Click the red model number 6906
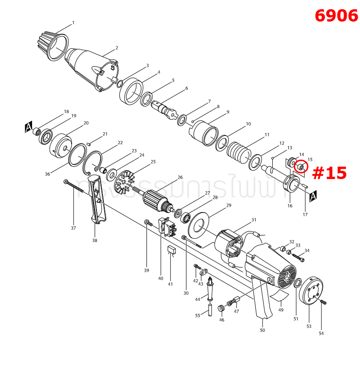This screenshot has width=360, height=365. (x=336, y=16)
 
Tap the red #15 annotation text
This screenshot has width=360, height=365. (x=329, y=173)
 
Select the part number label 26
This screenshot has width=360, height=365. (x=180, y=177)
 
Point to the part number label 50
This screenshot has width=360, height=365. (x=262, y=330)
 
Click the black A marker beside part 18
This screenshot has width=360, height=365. (x=28, y=128)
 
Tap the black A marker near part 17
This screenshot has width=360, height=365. (x=314, y=197)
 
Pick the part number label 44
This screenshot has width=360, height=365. (x=198, y=299)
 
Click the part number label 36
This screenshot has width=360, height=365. (x=47, y=174)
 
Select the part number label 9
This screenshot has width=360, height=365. (x=228, y=112)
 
